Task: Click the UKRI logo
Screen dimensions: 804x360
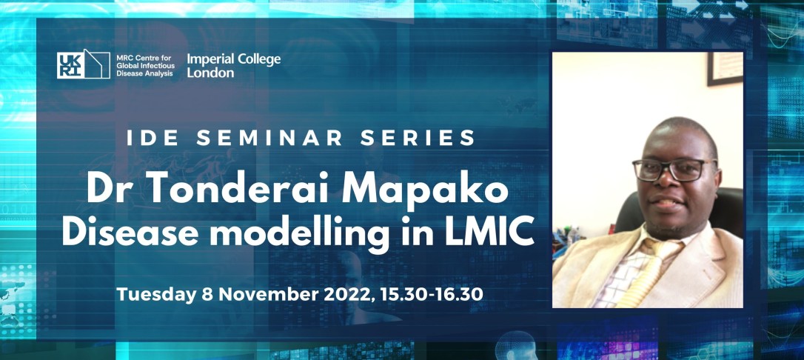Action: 83,64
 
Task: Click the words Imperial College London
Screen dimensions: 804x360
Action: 234,66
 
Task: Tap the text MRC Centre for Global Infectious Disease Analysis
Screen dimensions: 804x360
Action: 146,65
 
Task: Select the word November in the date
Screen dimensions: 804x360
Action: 259,294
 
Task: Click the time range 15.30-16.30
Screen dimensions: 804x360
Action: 435,294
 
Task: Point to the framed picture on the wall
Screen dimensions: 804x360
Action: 725,69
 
